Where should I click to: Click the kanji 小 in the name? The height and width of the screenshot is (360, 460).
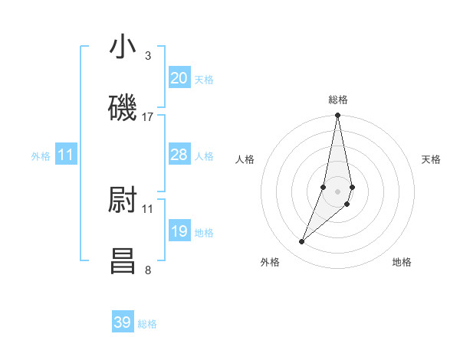(x=123, y=47)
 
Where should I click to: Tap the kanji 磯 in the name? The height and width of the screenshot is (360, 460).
(x=123, y=108)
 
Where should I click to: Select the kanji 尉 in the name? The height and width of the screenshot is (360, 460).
(x=123, y=200)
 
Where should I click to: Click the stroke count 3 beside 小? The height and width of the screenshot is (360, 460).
(x=148, y=55)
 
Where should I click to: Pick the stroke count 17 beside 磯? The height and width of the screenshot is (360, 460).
(x=148, y=116)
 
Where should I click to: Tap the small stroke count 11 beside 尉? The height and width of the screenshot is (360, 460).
(x=148, y=208)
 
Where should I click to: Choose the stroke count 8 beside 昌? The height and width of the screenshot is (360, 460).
(x=148, y=269)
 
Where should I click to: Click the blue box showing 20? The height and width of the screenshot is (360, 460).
(x=179, y=78)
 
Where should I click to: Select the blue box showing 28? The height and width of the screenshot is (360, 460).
(x=179, y=155)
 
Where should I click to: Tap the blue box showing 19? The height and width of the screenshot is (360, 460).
(x=179, y=231)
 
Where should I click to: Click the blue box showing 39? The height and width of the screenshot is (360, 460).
(x=123, y=322)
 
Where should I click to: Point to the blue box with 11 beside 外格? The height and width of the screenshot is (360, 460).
(x=66, y=155)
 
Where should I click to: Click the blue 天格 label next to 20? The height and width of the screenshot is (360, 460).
(x=204, y=80)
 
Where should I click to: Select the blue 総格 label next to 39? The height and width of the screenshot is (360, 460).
(x=147, y=324)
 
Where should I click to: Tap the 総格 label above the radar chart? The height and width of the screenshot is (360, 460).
(x=338, y=100)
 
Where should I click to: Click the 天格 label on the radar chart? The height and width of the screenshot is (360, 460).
(x=432, y=159)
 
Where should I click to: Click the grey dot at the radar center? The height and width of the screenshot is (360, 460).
(x=338, y=191)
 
